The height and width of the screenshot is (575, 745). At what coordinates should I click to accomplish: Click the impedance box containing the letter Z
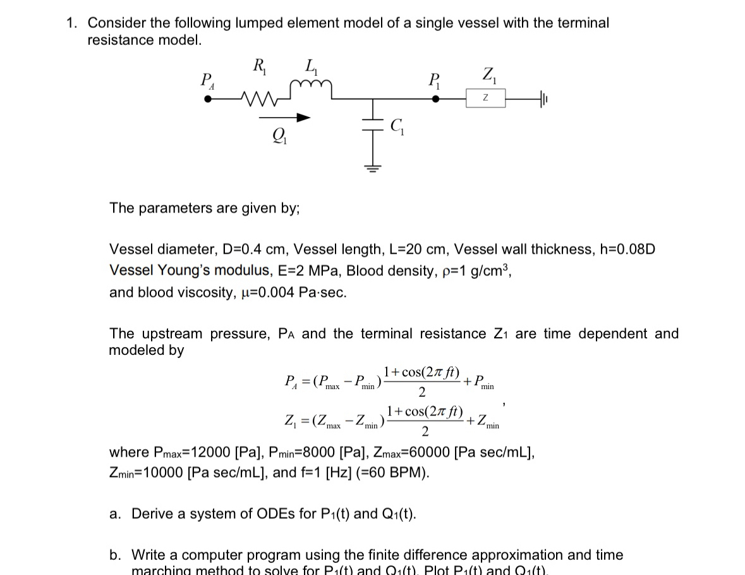485,99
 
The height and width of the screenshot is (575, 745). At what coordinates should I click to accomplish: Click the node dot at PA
209,99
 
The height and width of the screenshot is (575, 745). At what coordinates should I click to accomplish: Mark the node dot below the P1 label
435,99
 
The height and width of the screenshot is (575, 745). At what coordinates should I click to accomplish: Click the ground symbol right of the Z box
545,99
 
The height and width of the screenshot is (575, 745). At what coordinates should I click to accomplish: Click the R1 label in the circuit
259,66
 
